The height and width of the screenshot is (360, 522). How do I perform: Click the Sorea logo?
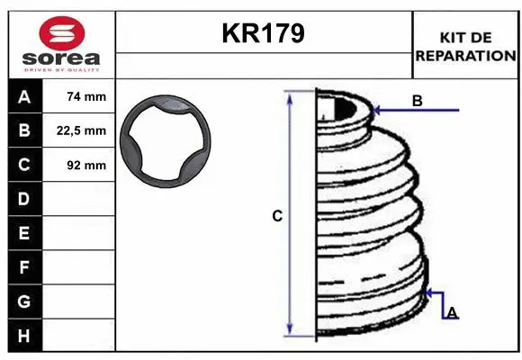[61, 43]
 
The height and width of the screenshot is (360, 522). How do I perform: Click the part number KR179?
[263, 33]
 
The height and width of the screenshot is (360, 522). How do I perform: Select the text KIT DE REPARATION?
[465, 46]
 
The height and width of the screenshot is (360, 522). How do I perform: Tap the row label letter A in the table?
[24, 96]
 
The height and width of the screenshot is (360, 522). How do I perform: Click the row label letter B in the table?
[24, 130]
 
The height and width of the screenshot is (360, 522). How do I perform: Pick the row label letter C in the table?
[24, 165]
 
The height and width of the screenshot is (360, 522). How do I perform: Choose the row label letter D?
[24, 199]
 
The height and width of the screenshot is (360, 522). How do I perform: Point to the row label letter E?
[24, 233]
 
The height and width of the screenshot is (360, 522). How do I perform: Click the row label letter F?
[24, 267]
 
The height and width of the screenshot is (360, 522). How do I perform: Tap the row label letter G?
[24, 301]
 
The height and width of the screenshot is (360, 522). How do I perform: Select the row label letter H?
[24, 335]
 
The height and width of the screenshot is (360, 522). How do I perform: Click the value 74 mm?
[86, 96]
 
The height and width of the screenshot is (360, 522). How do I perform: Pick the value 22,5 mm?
[86, 130]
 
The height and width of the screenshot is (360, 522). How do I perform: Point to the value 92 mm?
[86, 165]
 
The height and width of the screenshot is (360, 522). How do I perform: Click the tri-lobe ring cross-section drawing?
[168, 143]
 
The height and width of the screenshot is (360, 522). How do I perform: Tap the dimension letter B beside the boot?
[417, 101]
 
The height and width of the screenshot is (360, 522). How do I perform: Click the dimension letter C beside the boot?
[277, 216]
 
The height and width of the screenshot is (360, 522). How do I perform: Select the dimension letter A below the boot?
[452, 311]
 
